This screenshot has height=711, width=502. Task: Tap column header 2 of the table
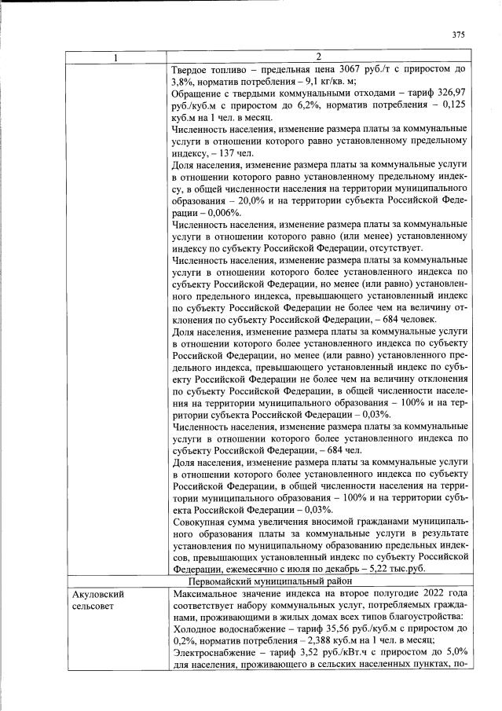point(319,57)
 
